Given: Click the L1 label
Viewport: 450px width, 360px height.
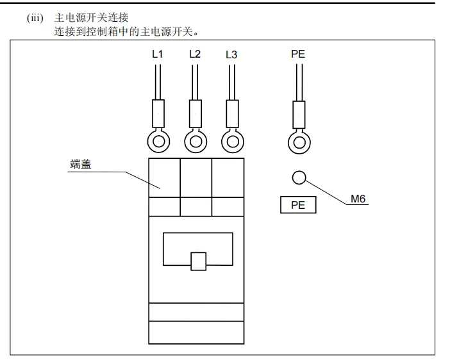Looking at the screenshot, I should [158, 54].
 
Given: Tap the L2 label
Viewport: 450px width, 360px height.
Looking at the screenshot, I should [195, 54].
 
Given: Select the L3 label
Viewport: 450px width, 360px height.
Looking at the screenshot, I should [231, 54].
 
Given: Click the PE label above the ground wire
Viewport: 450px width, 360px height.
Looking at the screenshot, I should [298, 54].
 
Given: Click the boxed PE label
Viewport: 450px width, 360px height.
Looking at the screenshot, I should [298, 206].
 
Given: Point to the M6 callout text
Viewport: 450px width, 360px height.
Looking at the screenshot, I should [358, 199].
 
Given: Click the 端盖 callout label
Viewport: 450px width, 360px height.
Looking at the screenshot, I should [81, 165].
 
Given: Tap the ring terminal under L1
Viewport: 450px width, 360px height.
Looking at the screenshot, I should [158, 139].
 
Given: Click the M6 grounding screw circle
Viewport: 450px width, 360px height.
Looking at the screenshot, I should [299, 177].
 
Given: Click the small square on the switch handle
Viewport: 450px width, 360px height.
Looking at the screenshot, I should [198, 260].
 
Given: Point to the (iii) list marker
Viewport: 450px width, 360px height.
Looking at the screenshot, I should [35, 18].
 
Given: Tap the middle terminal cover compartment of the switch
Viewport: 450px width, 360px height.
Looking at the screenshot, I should [196, 177].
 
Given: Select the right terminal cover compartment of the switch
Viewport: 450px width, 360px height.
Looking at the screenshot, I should [228, 177].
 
